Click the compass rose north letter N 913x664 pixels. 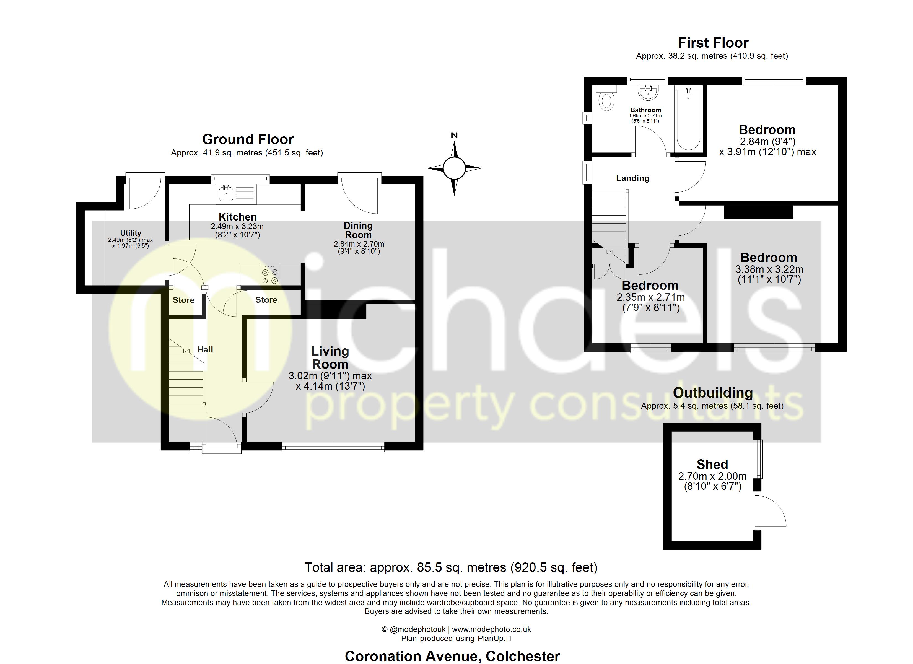(x=454, y=135)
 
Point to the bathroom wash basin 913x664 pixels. (x=648, y=92)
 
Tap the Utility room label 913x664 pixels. (x=130, y=233)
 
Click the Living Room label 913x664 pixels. (x=330, y=357)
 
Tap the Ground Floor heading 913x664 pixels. (x=248, y=139)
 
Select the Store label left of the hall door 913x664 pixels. (x=183, y=300)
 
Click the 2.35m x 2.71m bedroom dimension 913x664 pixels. (x=650, y=298)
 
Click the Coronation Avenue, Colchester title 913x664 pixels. (x=452, y=656)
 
